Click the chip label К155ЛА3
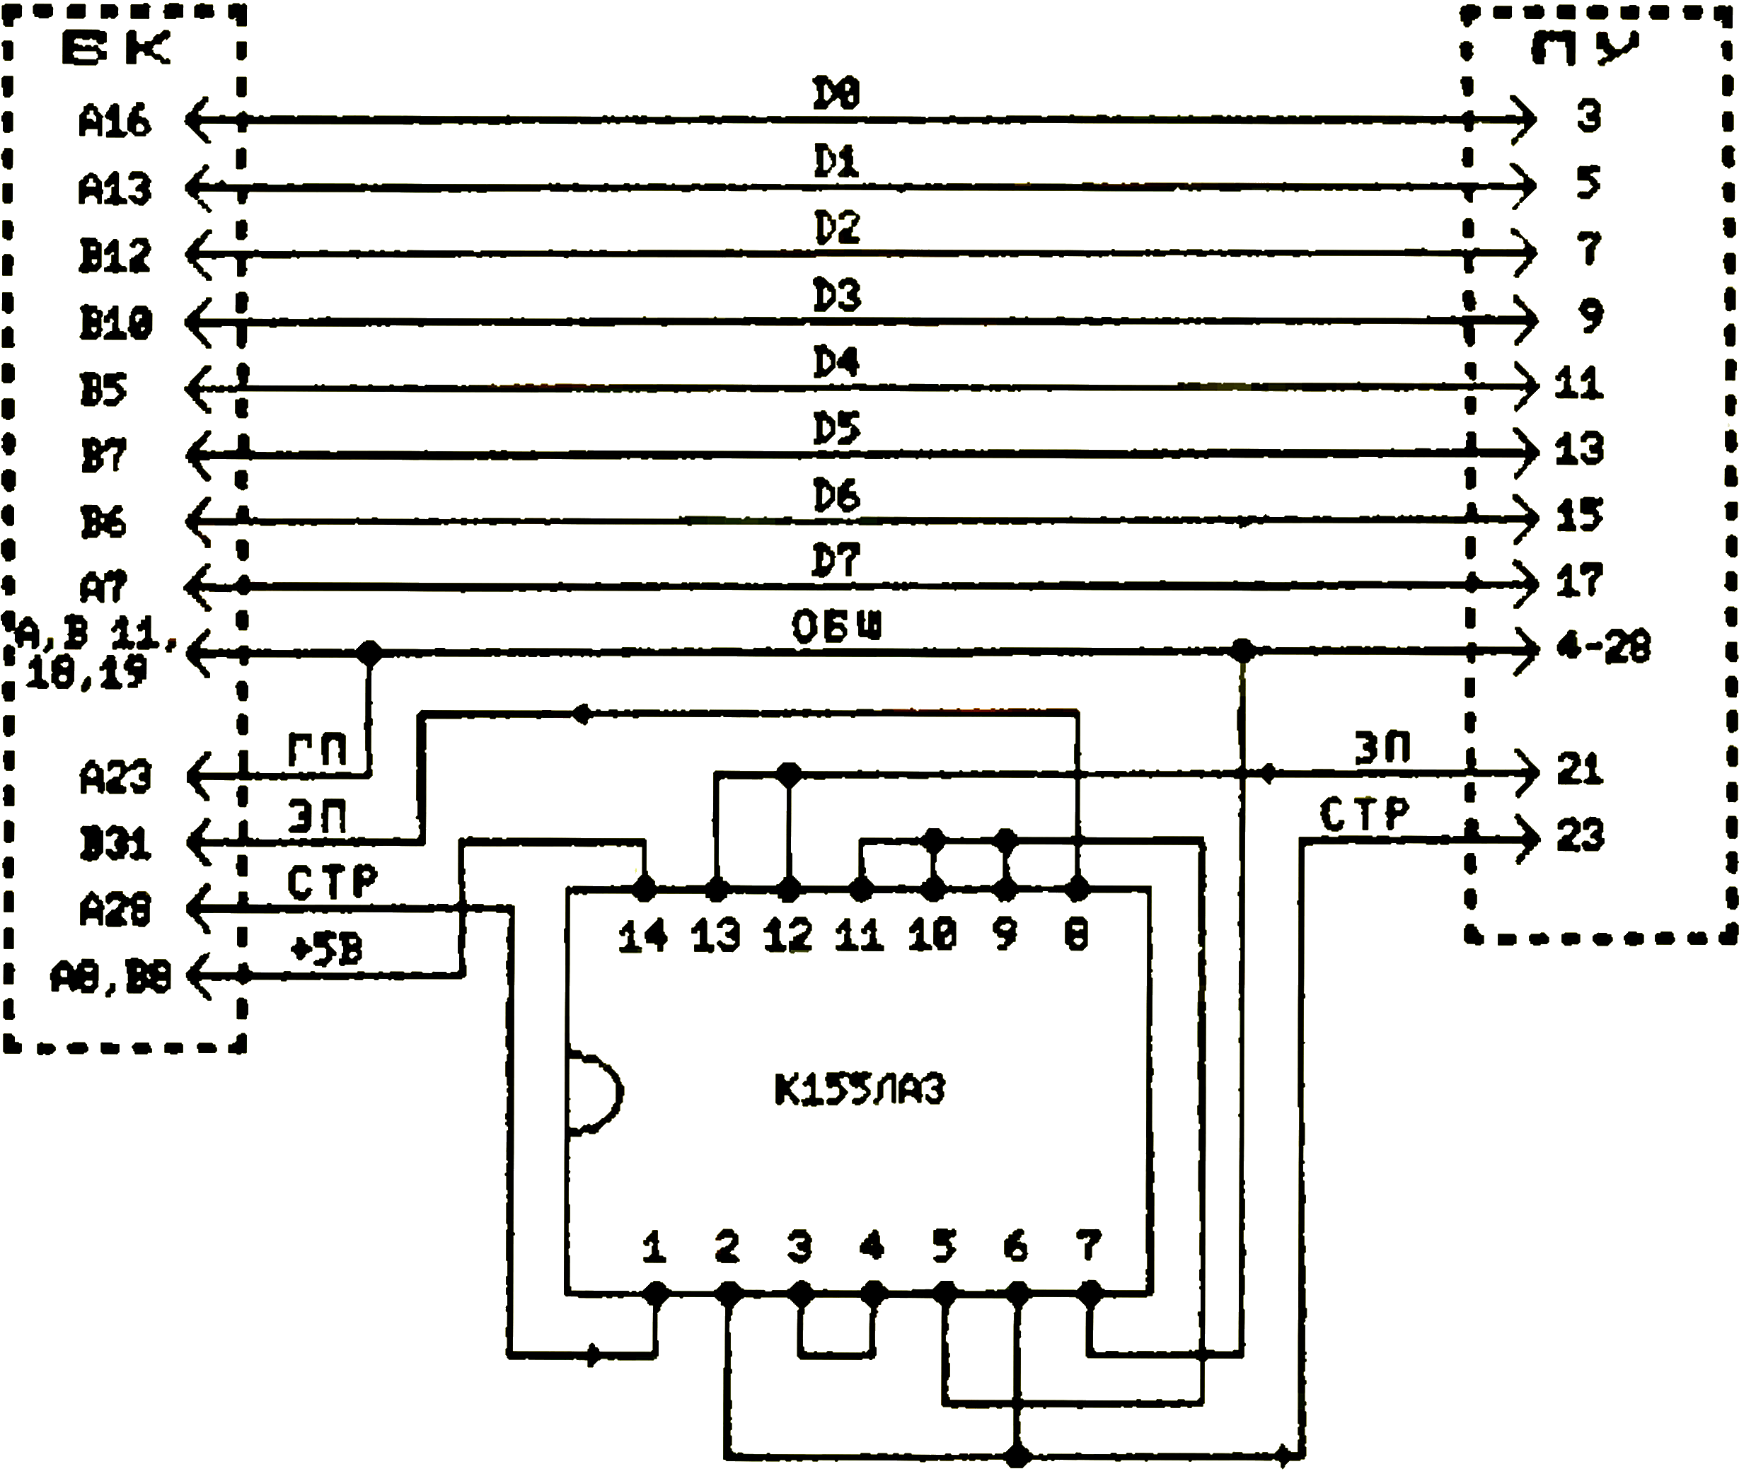point(860,1090)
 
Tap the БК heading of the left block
point(116,50)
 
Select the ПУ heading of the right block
point(1585,50)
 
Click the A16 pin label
point(115,121)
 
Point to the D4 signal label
point(837,363)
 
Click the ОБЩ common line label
point(837,627)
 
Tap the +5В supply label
point(326,950)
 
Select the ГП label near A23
point(317,749)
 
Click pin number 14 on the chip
point(643,936)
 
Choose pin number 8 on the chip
point(1077,934)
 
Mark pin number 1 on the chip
point(654,1247)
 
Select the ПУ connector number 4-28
point(1603,647)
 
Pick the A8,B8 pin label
point(111,977)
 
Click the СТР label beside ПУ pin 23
point(1364,814)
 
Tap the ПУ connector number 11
point(1578,383)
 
